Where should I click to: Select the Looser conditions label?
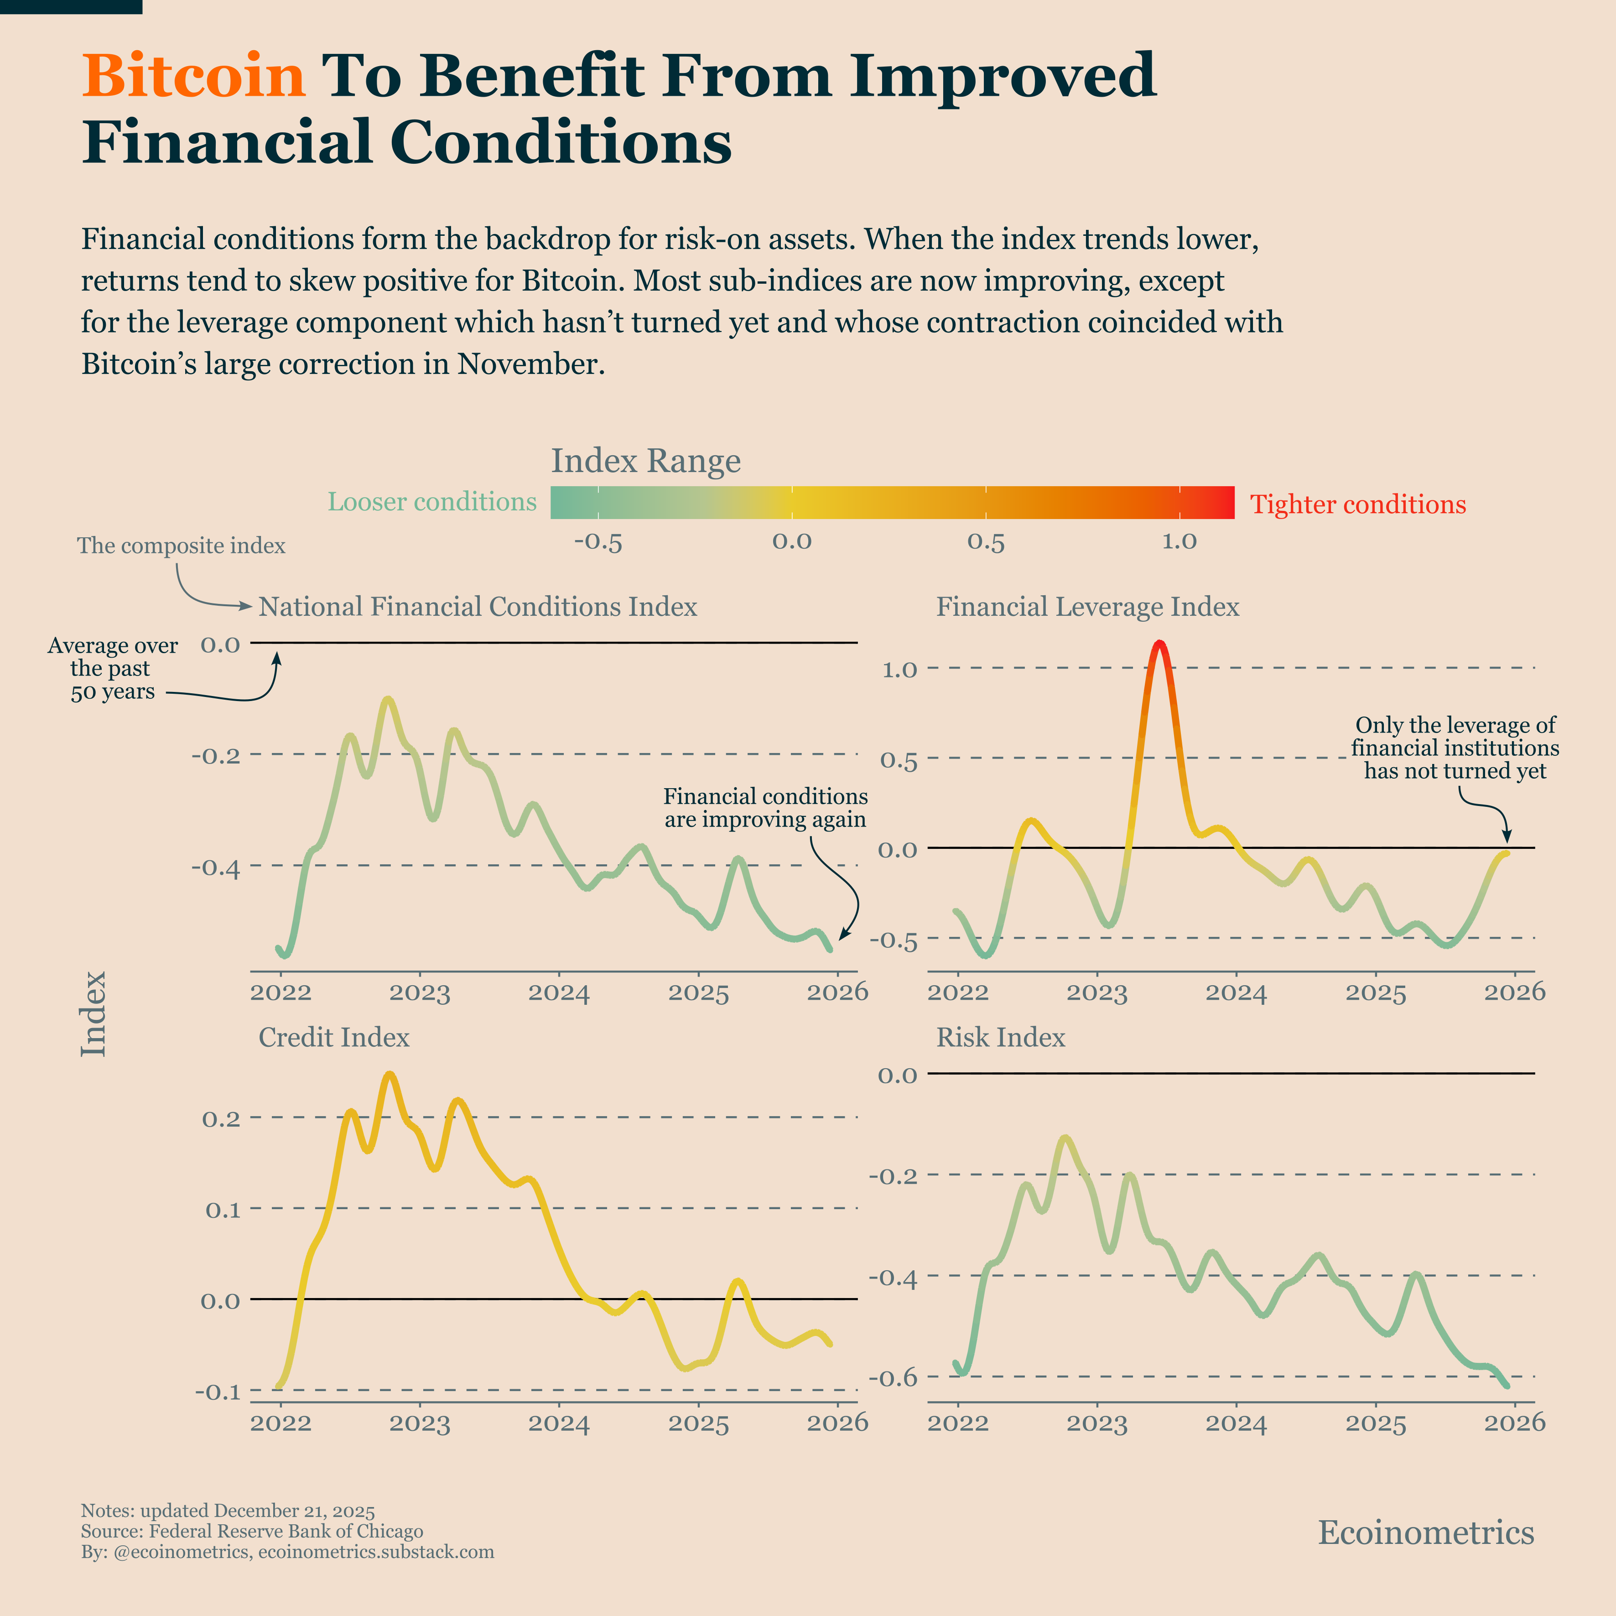[x=431, y=502]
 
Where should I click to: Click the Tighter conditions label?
[x=1357, y=504]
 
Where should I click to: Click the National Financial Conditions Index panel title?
[x=478, y=607]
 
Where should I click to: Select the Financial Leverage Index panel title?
[x=1087, y=607]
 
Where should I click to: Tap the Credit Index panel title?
[x=334, y=1037]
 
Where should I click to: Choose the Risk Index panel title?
[x=1000, y=1037]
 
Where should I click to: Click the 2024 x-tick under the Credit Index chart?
[x=559, y=1424]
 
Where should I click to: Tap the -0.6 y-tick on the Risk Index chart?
[x=894, y=1377]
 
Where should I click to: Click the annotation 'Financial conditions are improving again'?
[x=765, y=808]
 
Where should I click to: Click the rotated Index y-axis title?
[x=94, y=1014]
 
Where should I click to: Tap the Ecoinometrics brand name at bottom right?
[x=1426, y=1533]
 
